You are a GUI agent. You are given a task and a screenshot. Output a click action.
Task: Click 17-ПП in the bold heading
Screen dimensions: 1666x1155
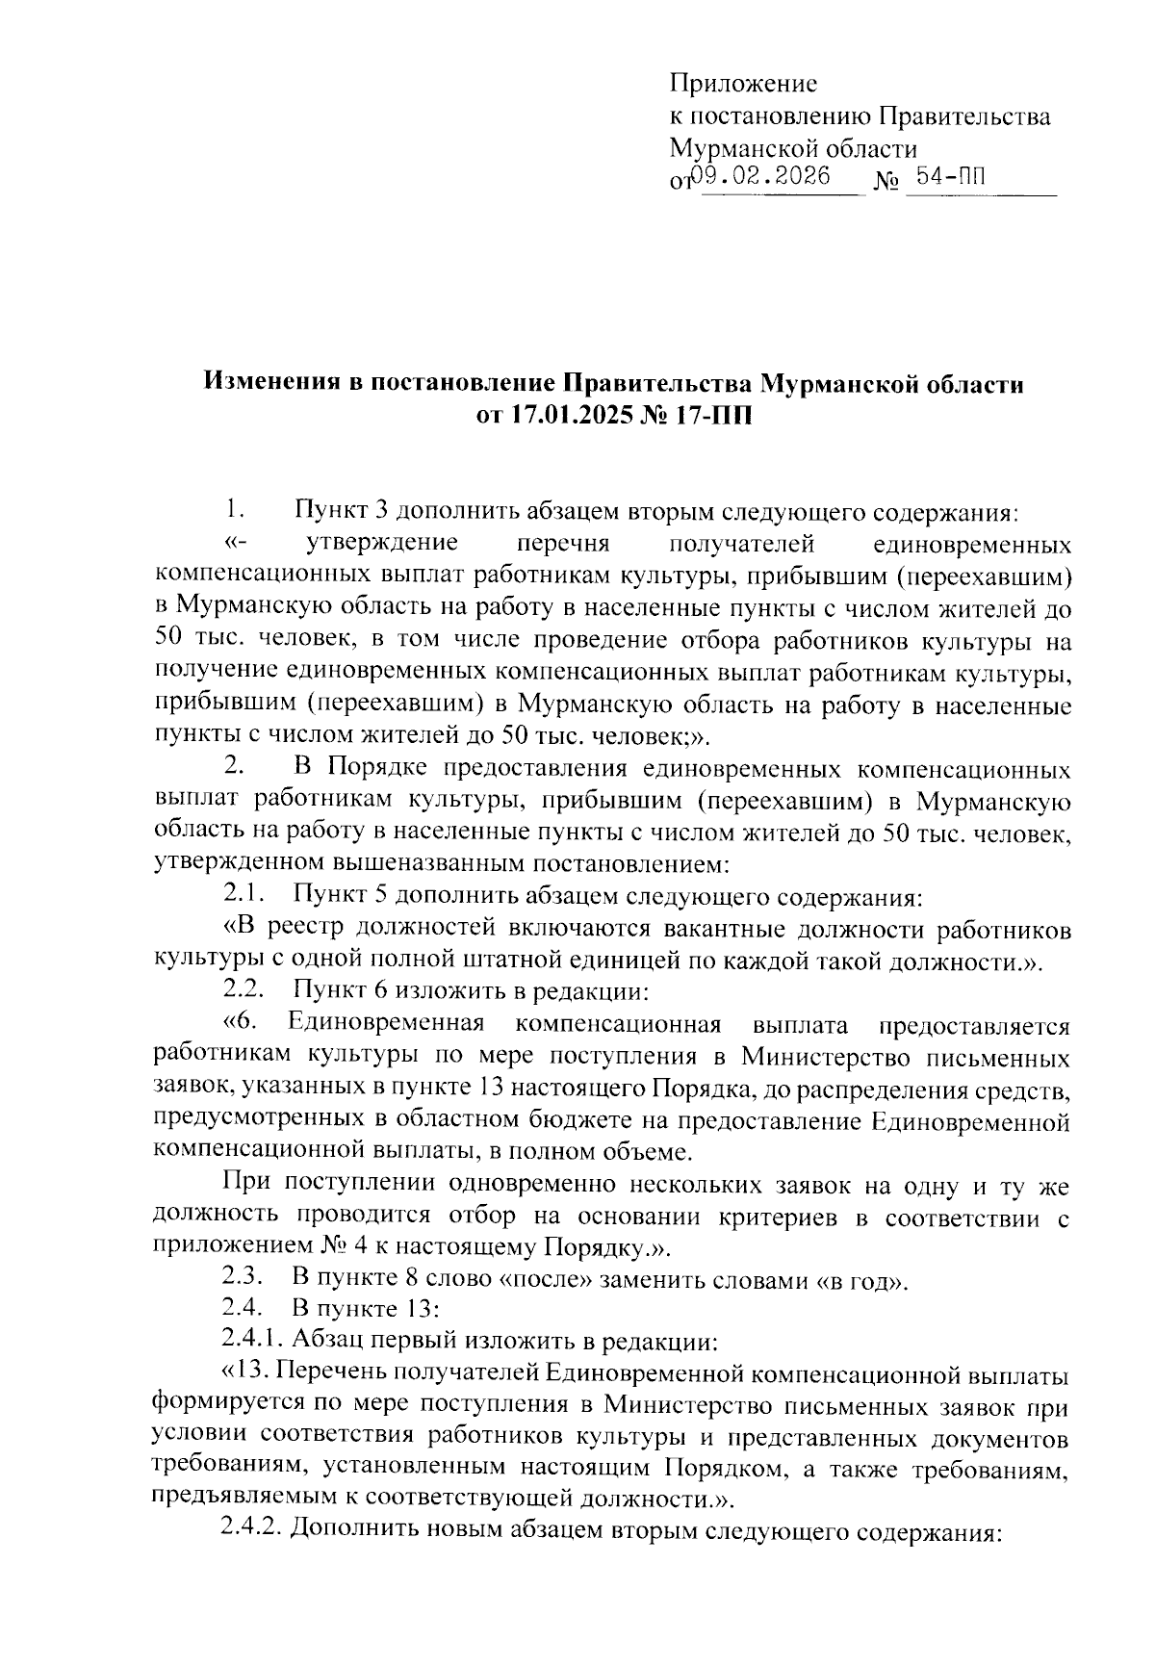click(707, 418)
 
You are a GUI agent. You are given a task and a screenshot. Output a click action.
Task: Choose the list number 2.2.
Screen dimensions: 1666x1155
click(244, 989)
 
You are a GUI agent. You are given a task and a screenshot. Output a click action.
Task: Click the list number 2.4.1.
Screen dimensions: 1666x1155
click(254, 1341)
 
